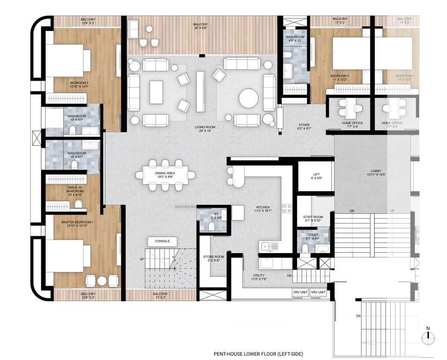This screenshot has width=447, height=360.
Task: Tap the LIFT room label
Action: (316, 176)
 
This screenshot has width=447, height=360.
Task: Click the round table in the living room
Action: (248, 99)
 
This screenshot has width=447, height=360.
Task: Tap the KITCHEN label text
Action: (263, 207)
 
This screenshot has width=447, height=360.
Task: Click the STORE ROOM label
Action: (214, 257)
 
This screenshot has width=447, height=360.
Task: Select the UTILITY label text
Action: (259, 276)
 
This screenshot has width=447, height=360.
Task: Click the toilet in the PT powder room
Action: (212, 226)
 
